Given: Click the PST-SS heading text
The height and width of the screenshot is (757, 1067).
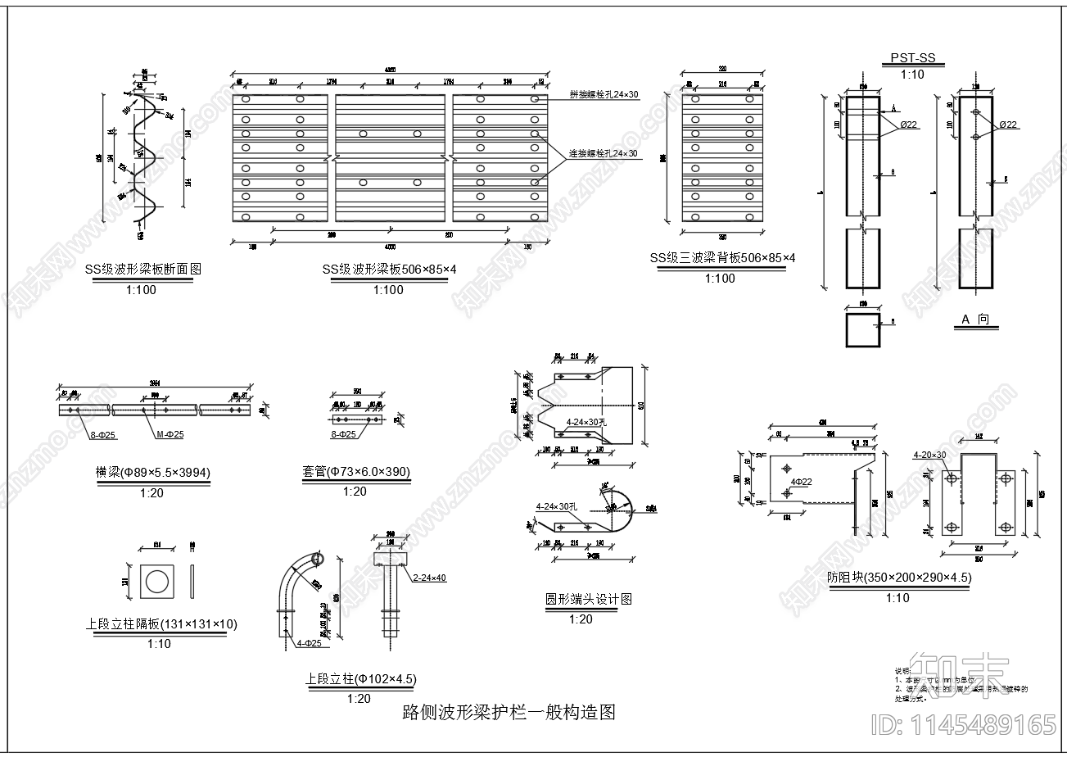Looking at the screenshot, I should click(x=911, y=59).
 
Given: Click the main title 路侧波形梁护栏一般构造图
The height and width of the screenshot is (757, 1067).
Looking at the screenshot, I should click(x=509, y=712).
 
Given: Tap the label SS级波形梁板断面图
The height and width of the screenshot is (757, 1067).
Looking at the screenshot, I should click(x=142, y=269).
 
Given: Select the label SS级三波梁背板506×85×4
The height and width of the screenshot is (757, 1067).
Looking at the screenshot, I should click(x=722, y=258).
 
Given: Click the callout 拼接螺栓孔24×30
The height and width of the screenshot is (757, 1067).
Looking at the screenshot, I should click(x=604, y=95).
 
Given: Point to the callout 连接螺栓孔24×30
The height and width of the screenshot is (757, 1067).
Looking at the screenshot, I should click(x=604, y=154).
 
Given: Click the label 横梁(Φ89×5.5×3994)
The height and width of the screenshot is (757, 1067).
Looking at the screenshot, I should click(x=153, y=472).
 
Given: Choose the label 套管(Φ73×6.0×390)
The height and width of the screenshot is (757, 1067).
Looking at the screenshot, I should click(x=355, y=472).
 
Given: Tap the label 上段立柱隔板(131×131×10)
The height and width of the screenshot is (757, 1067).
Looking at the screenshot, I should click(x=161, y=624).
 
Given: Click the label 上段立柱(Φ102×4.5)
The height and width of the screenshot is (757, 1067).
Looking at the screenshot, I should click(x=360, y=679).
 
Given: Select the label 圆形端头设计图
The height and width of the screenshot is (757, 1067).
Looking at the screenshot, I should click(x=589, y=600).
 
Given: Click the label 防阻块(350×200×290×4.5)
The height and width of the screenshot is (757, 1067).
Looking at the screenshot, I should click(x=898, y=578).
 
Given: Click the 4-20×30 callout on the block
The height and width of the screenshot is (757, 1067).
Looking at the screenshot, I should click(x=929, y=455).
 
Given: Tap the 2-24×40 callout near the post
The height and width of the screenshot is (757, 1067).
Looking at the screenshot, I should click(x=429, y=578).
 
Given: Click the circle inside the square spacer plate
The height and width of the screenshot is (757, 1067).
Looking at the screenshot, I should click(x=157, y=582).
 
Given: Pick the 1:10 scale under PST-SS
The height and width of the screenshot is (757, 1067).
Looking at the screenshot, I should click(x=911, y=75).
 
